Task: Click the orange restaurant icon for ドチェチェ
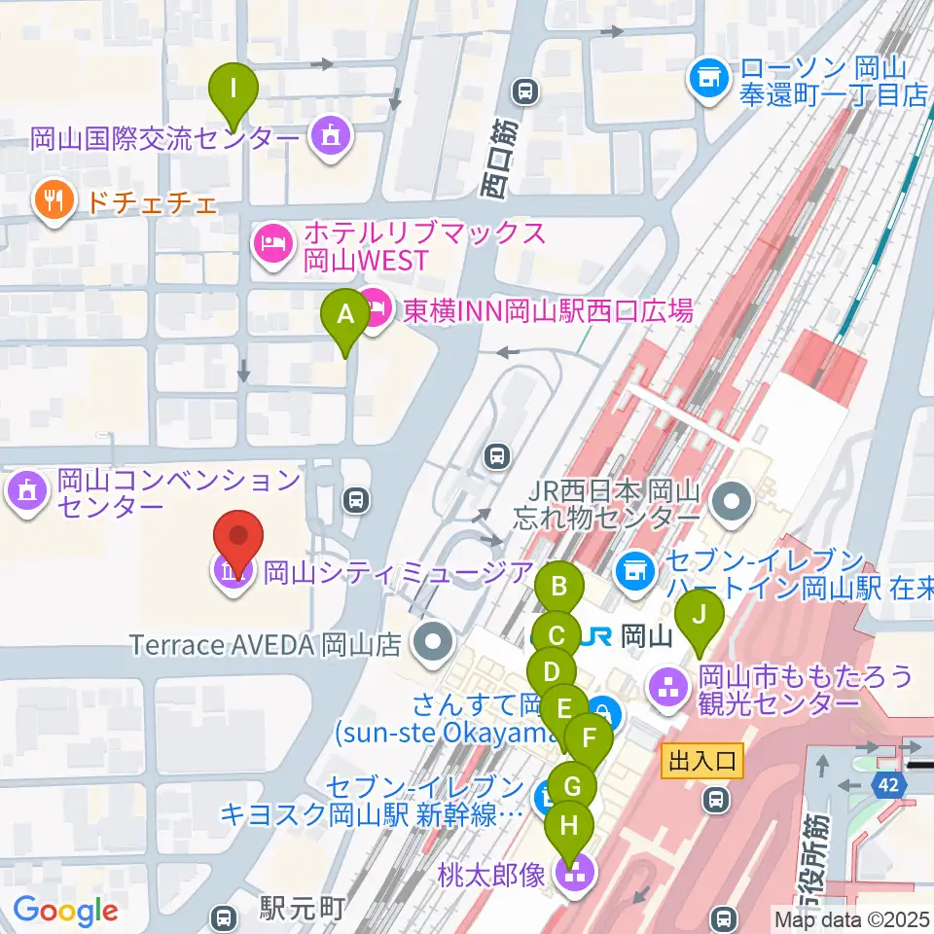coord(51,202)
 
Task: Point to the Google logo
coord(65,911)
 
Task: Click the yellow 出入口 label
coord(702,758)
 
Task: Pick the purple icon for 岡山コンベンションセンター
coord(27,491)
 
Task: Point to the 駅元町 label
coord(303,910)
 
